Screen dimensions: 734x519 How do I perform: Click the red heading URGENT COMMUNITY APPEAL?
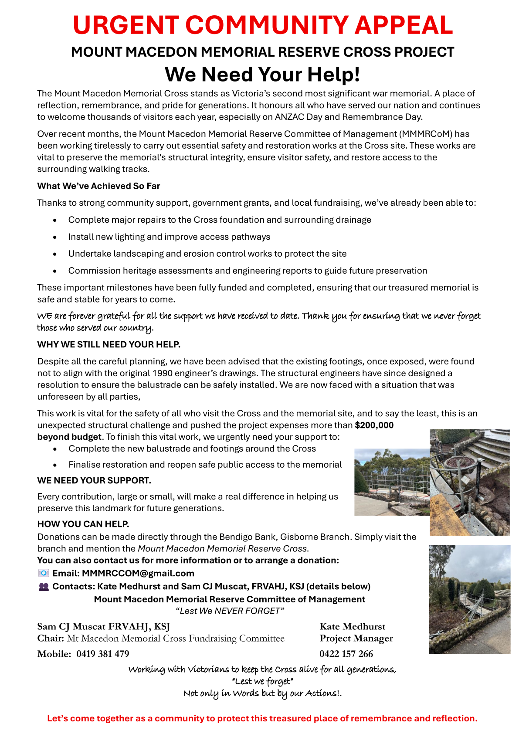(x=262, y=25)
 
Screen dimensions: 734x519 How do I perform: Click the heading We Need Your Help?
(x=262, y=75)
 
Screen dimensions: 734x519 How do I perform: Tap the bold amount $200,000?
(x=374, y=425)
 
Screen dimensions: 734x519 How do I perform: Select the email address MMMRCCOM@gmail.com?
(x=138, y=574)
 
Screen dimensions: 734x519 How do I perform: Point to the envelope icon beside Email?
(x=44, y=573)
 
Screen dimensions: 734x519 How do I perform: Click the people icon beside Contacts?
(x=44, y=587)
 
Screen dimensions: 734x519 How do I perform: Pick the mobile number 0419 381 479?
(x=103, y=654)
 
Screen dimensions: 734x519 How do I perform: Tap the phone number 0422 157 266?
(x=346, y=654)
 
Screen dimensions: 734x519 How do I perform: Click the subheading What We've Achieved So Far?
(x=98, y=186)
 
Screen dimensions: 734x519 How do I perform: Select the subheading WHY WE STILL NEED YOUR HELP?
(x=109, y=345)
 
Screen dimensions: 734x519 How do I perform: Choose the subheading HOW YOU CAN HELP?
(x=83, y=524)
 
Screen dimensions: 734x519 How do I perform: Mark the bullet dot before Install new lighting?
(x=54, y=238)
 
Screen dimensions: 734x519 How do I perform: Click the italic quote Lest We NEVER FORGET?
(x=230, y=611)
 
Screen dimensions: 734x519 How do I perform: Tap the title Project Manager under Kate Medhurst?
(x=356, y=639)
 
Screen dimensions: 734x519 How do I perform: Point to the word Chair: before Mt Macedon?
(x=51, y=639)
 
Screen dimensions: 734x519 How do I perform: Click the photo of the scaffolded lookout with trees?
(x=392, y=482)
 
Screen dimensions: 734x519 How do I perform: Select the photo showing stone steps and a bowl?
(x=469, y=482)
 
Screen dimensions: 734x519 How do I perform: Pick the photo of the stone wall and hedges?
(x=469, y=599)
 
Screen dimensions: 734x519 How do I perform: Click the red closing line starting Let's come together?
(x=262, y=718)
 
